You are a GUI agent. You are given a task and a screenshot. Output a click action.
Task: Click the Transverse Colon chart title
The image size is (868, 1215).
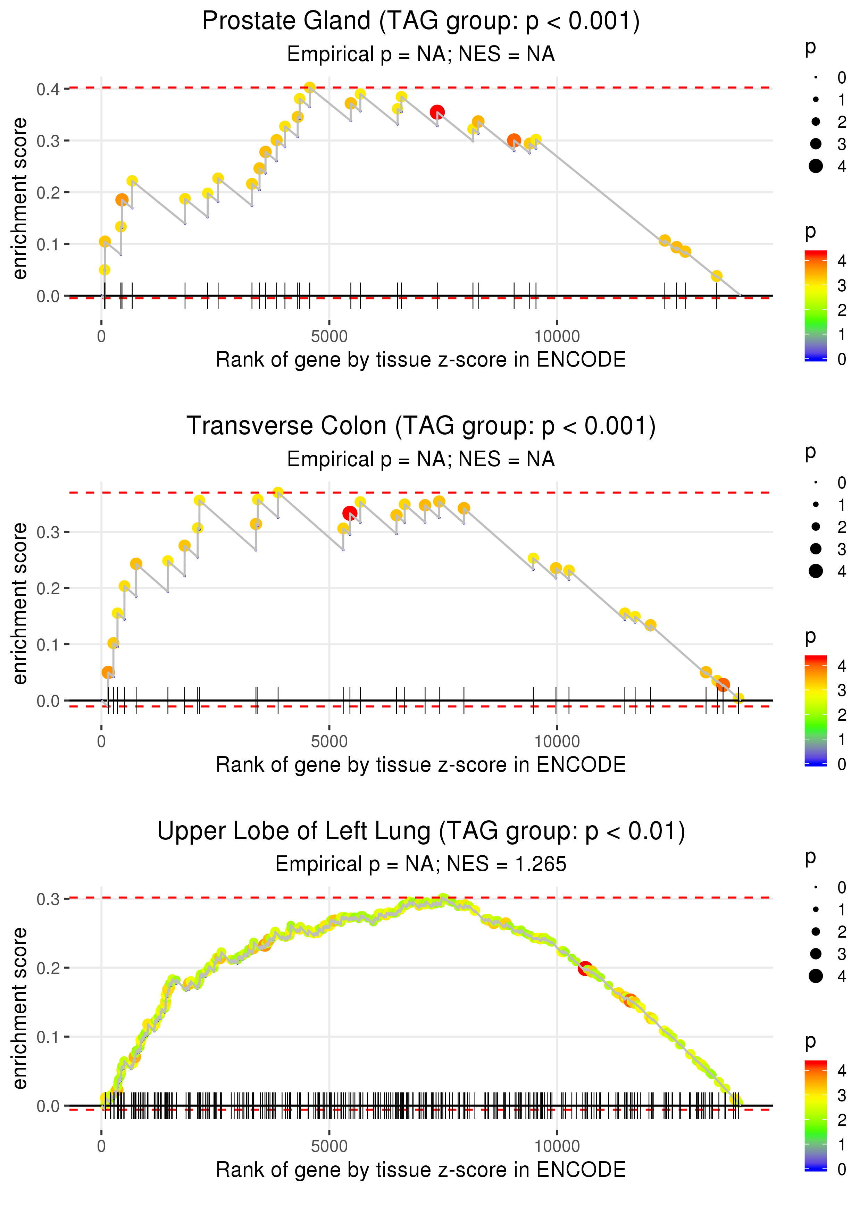point(421,426)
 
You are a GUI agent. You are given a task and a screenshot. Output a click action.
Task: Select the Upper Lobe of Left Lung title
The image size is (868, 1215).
point(421,831)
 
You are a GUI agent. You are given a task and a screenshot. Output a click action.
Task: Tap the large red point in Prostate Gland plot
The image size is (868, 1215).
point(437,112)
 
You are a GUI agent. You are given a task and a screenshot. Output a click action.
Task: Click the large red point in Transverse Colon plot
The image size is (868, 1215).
point(350,513)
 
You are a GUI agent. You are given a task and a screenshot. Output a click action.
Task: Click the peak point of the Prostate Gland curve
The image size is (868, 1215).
point(309,87)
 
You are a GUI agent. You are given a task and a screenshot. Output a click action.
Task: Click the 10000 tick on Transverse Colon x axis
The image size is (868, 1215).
point(557,741)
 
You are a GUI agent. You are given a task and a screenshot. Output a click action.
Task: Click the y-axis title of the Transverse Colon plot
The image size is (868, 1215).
point(20,604)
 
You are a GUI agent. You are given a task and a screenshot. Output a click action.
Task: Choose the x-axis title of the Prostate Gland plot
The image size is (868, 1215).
point(421,360)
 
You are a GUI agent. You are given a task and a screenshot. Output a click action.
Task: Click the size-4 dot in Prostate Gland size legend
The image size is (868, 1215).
point(816,166)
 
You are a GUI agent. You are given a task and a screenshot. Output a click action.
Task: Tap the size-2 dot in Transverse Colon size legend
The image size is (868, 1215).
point(816,527)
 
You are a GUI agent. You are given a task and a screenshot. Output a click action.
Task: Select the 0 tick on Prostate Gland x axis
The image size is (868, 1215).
point(101,337)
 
